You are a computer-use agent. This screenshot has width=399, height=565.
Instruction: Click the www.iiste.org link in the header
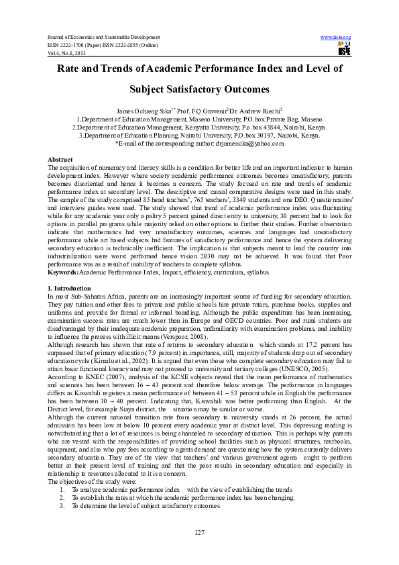[x=336, y=36]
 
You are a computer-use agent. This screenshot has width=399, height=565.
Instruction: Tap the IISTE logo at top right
[x=345, y=50]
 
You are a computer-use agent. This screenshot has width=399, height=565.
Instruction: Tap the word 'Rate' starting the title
[x=72, y=68]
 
